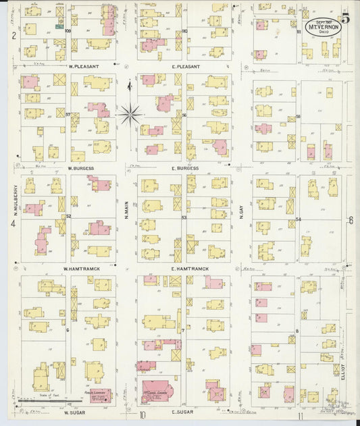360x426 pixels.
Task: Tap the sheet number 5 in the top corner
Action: pyautogui.click(x=345, y=18)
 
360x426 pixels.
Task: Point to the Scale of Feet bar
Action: pyautogui.click(x=41, y=401)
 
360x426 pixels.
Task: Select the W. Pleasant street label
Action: pyautogui.click(x=84, y=67)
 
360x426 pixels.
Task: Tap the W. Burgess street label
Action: pyautogui.click(x=80, y=167)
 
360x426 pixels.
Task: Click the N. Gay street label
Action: pyautogui.click(x=240, y=214)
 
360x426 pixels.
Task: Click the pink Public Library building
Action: pyautogui.click(x=101, y=394)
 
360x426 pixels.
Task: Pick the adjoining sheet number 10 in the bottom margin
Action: pyautogui.click(x=143, y=416)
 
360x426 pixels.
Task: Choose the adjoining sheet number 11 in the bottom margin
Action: pyautogui.click(x=300, y=416)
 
